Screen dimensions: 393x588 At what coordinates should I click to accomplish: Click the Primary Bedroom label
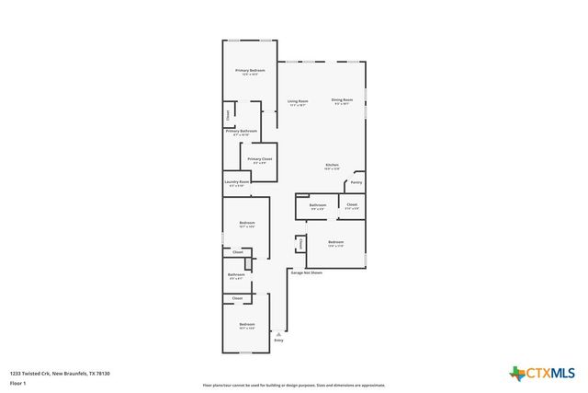click(x=250, y=71)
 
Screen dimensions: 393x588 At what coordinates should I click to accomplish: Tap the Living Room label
click(x=297, y=101)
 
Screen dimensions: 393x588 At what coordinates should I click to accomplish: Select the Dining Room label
click(x=342, y=99)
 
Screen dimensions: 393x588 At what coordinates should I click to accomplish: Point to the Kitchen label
click(x=332, y=165)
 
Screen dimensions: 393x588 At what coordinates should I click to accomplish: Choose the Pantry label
click(x=356, y=183)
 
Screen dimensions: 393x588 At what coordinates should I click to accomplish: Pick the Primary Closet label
click(x=259, y=159)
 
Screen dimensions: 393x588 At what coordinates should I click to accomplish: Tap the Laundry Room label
click(x=236, y=181)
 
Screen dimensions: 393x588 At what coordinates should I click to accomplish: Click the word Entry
click(x=278, y=341)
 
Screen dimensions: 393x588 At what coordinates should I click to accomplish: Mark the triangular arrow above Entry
click(x=278, y=333)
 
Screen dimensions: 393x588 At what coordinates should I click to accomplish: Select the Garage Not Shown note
click(x=306, y=272)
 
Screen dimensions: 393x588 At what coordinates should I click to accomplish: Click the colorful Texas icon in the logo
click(x=516, y=373)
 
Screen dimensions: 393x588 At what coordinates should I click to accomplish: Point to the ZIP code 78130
click(x=104, y=373)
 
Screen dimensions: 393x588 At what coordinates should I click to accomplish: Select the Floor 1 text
click(x=17, y=383)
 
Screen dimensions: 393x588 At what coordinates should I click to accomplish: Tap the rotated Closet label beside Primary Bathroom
click(x=228, y=115)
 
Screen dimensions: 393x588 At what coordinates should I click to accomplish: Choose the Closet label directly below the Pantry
click(x=352, y=204)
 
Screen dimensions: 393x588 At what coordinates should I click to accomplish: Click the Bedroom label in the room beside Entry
click(x=246, y=324)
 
